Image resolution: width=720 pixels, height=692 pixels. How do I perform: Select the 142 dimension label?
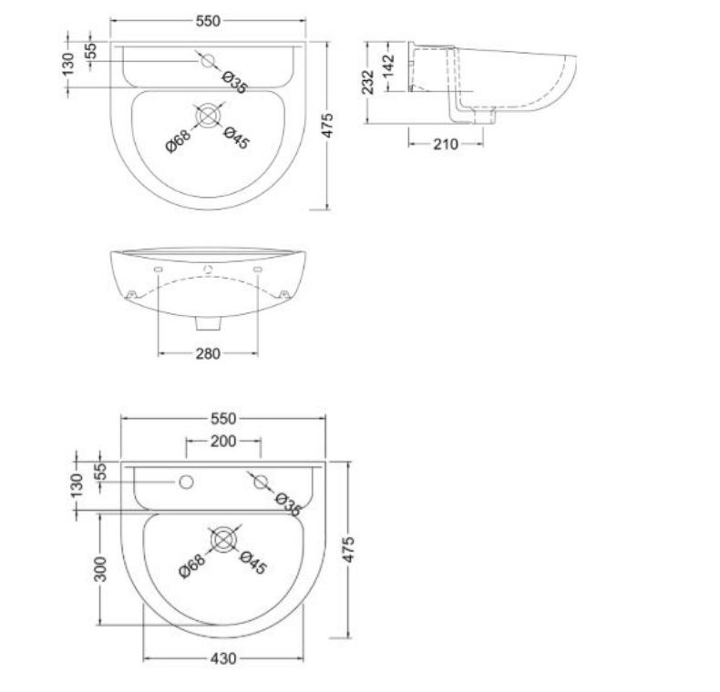coord(388,66)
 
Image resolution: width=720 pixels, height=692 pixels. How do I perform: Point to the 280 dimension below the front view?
coord(208,353)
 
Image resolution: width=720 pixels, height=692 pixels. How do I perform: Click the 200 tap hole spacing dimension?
coord(223,441)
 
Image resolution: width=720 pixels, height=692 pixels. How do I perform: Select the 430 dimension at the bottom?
coord(224,658)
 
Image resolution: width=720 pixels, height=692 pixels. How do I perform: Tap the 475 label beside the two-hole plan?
coord(351,550)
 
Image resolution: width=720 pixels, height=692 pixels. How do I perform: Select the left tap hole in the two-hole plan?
coord(188,481)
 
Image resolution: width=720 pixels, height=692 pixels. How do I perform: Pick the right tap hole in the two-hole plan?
coord(259,481)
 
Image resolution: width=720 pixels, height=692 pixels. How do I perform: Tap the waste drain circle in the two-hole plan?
coord(223,539)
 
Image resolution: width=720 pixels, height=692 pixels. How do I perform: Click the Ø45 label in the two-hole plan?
coord(252,564)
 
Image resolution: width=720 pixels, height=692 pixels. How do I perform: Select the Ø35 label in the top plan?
coord(235,83)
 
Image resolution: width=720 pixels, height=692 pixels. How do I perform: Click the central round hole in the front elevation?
coord(209,270)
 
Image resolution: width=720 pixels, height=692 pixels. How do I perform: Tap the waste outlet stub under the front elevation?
coord(209,324)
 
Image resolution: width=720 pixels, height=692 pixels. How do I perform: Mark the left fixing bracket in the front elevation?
coord(131,294)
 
